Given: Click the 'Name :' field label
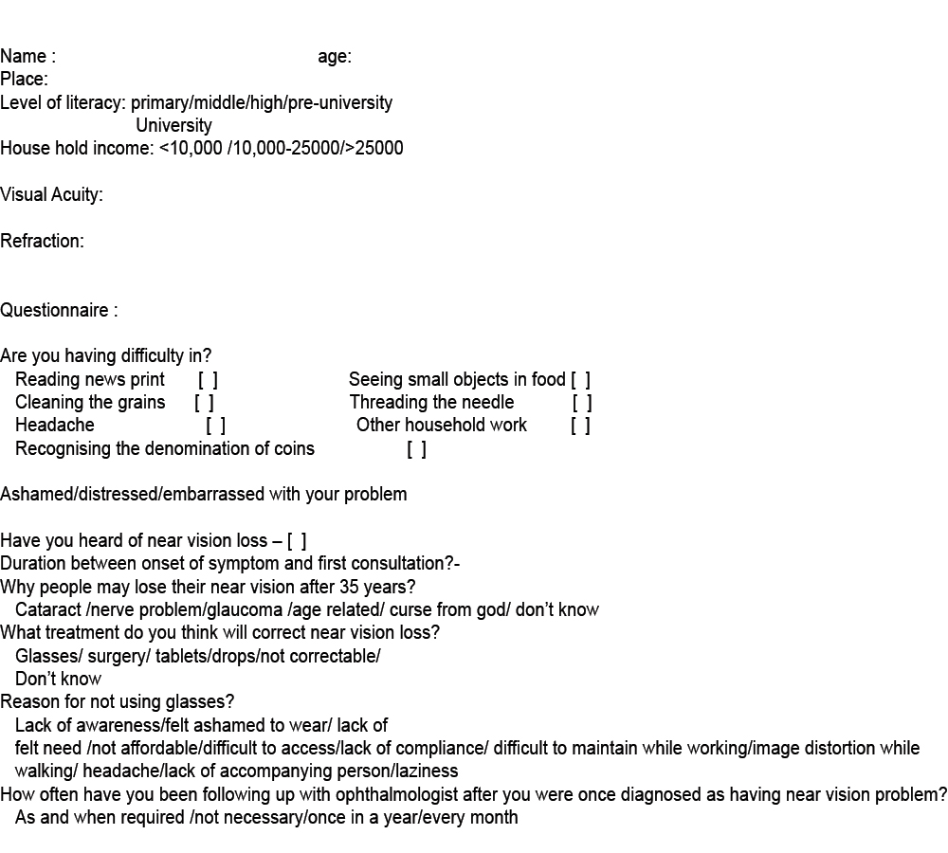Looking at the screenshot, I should (x=27, y=57).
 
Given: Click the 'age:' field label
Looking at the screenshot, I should (x=335, y=57).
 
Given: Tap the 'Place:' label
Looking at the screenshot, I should (x=24, y=80).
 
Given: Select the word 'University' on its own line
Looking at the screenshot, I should (x=173, y=125).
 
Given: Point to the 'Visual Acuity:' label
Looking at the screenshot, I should (x=51, y=195).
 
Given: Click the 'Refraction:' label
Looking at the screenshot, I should (x=42, y=242).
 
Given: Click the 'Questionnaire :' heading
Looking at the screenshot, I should (x=59, y=311).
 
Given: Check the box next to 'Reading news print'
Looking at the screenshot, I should (x=208, y=380).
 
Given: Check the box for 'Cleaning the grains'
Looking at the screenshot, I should (x=204, y=403).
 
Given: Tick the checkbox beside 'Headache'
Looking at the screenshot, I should (x=215, y=426).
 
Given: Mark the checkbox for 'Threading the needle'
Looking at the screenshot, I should (x=582, y=403).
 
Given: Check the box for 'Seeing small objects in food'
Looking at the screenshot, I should (x=580, y=380).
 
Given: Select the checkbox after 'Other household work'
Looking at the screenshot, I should (x=580, y=426).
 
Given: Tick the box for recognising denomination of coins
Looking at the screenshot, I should (x=416, y=449).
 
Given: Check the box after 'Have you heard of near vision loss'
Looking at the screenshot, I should (x=297, y=541).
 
